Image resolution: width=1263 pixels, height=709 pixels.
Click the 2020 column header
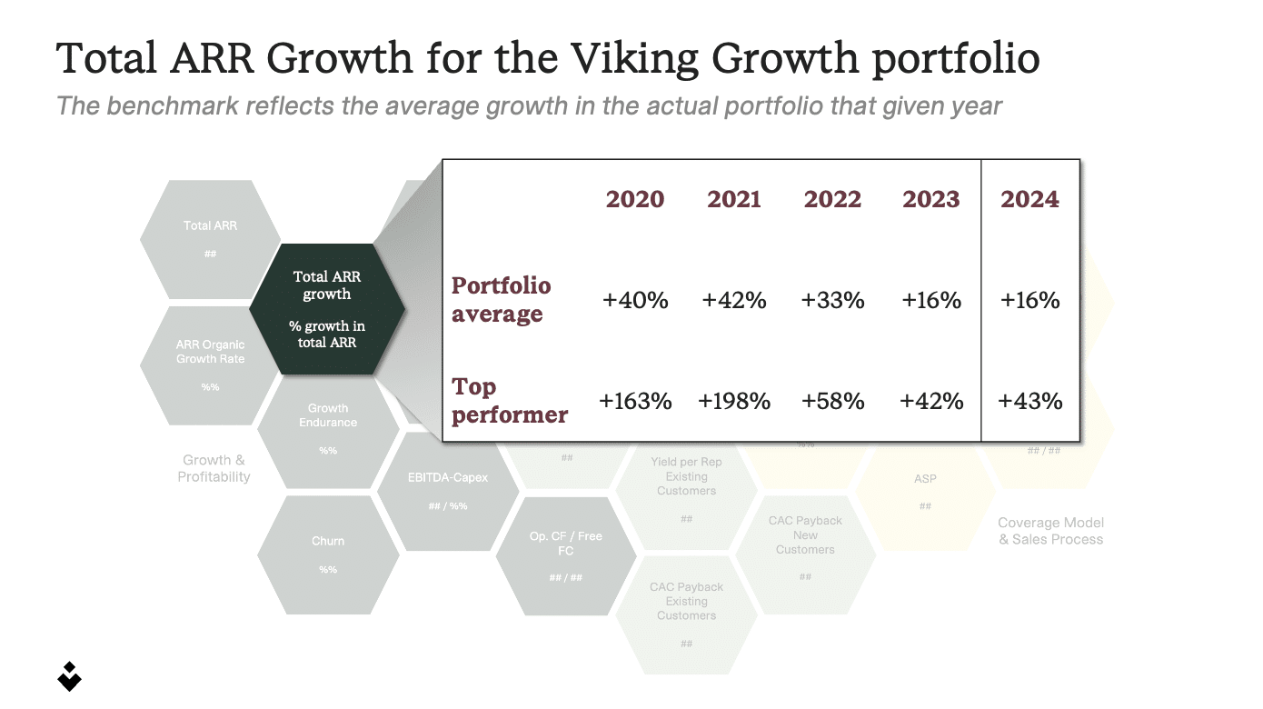click(634, 199)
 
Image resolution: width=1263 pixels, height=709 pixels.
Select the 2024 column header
click(1029, 199)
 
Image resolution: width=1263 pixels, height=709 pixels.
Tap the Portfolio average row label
click(501, 299)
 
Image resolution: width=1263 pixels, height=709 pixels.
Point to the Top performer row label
click(509, 400)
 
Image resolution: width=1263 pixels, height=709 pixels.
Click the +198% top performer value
click(734, 401)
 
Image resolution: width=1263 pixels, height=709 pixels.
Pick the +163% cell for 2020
click(635, 401)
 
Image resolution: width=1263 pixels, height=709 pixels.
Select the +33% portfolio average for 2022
click(832, 300)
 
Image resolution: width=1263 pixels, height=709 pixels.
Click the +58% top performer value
click(832, 401)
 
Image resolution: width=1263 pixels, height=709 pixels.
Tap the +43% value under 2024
click(1029, 401)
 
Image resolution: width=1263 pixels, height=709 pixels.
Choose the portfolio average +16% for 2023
click(931, 300)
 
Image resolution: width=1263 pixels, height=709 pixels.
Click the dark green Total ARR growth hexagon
click(327, 309)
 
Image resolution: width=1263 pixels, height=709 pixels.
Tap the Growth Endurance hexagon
click(328, 427)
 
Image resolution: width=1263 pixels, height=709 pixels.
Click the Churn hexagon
click(328, 553)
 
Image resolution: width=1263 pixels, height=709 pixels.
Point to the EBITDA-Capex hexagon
click(448, 491)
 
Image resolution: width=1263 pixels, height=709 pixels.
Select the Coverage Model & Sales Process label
click(1050, 531)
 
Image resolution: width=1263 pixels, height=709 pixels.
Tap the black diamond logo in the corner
click(69, 674)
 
